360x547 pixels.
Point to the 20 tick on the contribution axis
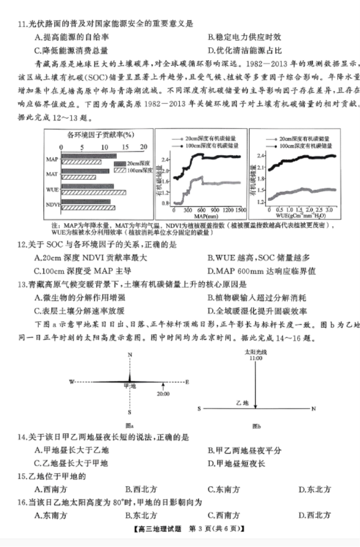(x=144, y=147)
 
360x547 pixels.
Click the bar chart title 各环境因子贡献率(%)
(x=100, y=134)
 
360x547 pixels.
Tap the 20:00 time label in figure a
(x=162, y=395)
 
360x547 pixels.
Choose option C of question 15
(x=224, y=489)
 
